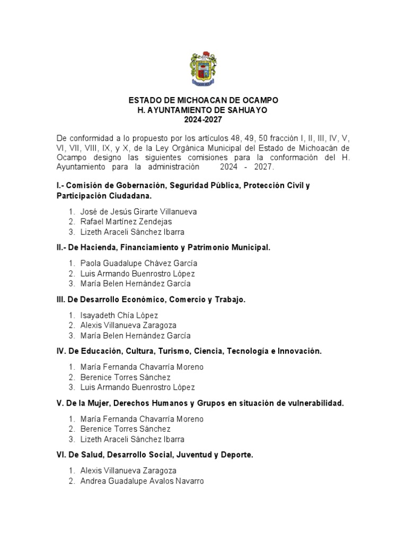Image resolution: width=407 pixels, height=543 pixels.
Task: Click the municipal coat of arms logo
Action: pyautogui.click(x=203, y=69)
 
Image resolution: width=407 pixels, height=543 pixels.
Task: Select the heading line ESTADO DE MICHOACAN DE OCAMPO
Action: pyautogui.click(x=203, y=100)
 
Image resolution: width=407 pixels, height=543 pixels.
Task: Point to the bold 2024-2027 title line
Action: pyautogui.click(x=203, y=120)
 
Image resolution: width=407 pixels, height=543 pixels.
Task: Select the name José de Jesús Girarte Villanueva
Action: pyautogui.click(x=138, y=212)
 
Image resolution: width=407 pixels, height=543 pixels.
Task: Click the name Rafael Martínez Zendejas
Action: pyautogui.click(x=126, y=222)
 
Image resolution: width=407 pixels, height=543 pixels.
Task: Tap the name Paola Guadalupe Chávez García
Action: pyautogui.click(x=139, y=264)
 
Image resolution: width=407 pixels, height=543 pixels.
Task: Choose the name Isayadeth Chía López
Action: pyautogui.click(x=119, y=316)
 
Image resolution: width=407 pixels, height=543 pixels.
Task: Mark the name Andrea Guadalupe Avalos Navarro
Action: pyautogui.click(x=142, y=481)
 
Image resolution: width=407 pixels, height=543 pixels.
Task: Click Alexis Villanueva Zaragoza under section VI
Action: pyautogui.click(x=128, y=470)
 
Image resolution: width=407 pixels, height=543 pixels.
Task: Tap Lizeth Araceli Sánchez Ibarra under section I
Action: pyautogui.click(x=132, y=232)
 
